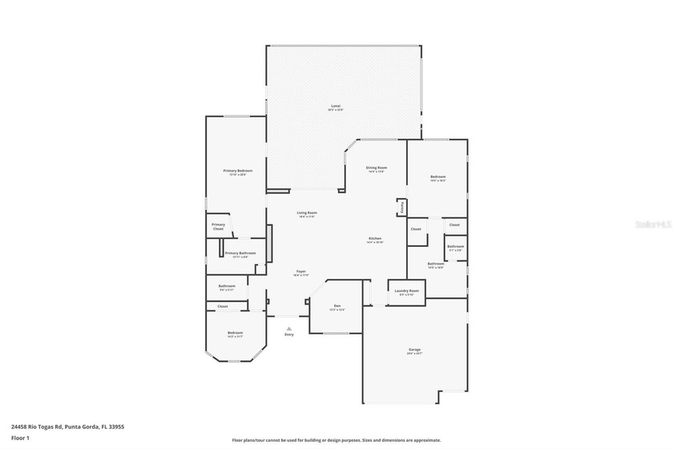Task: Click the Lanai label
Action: point(336,107)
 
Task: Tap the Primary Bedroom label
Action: point(238,171)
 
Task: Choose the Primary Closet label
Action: point(218,227)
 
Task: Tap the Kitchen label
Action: point(374,239)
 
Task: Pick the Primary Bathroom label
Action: point(240,253)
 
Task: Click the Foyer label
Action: point(300,272)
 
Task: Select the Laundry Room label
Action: point(407,291)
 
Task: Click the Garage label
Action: point(414,350)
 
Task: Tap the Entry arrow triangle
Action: point(289,327)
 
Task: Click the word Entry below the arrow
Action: point(289,334)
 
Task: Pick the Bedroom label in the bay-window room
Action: point(235,333)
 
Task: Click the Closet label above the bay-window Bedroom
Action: point(223,306)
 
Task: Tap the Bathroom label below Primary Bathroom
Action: point(227,286)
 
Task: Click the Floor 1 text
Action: point(20,439)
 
